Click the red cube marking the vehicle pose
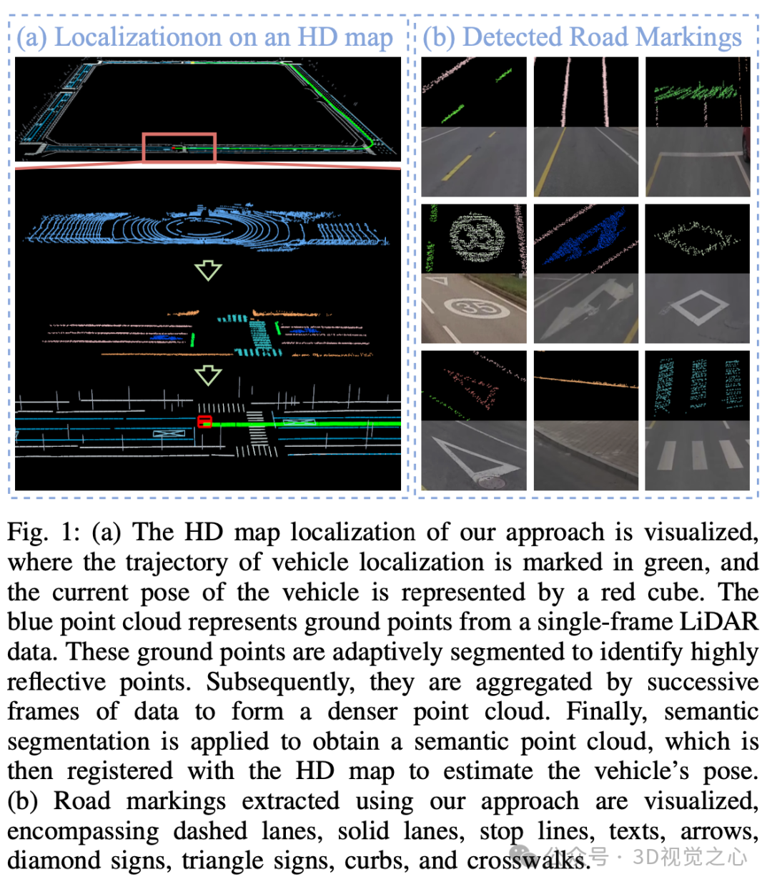(204, 422)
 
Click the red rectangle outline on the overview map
(179, 134)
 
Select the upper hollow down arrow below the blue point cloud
(208, 270)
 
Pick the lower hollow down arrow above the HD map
(208, 375)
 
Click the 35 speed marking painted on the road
(475, 308)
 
